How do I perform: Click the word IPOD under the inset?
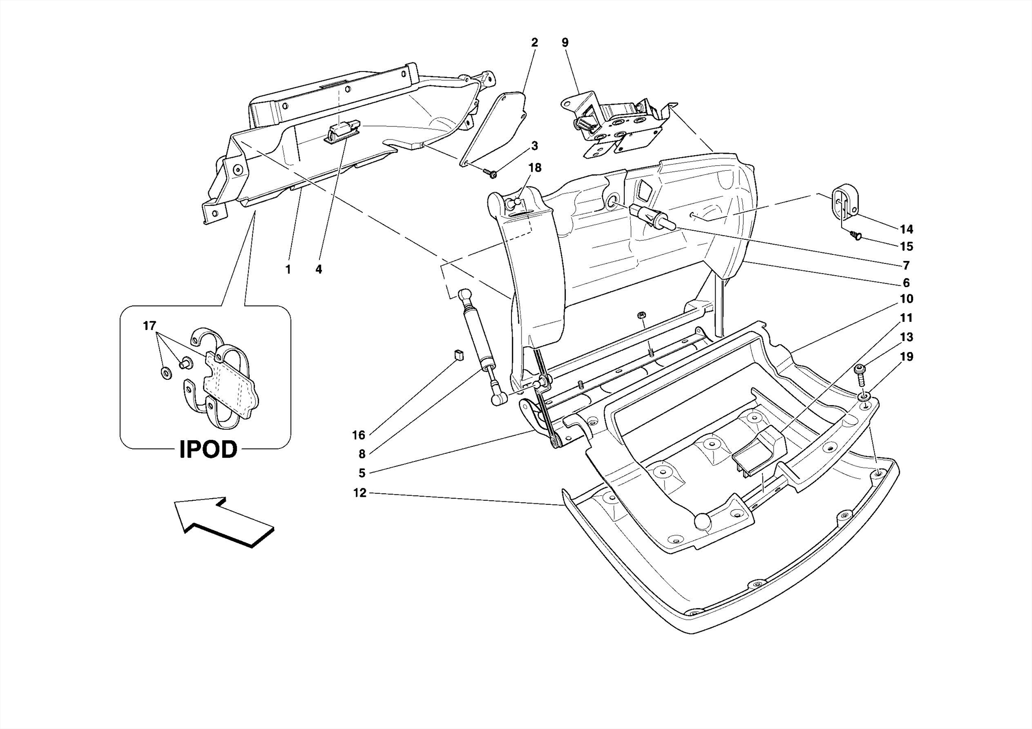click(208, 449)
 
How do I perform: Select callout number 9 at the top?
click(565, 43)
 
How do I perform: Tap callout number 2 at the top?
click(534, 43)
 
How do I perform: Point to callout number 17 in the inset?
click(149, 326)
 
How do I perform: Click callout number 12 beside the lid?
click(360, 493)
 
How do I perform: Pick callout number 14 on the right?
click(906, 229)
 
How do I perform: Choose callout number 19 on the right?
click(906, 357)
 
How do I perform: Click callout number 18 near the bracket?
click(535, 168)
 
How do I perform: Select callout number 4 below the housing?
click(318, 270)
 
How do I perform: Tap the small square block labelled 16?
click(458, 355)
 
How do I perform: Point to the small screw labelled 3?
click(491, 174)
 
